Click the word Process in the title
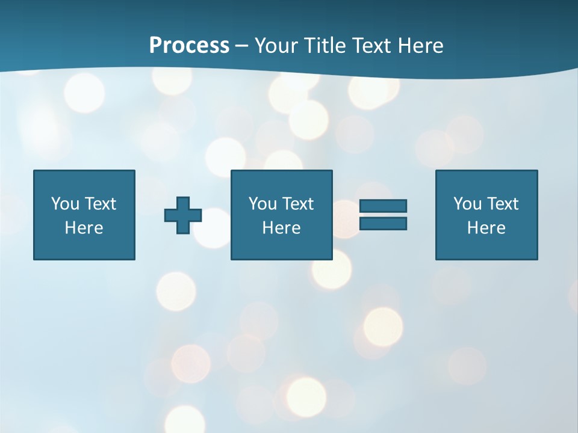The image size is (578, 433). [189, 46]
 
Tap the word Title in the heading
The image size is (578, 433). [323, 46]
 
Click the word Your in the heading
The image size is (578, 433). [275, 46]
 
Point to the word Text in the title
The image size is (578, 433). [369, 46]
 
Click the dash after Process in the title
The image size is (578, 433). [241, 46]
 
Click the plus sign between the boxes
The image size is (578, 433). [183, 215]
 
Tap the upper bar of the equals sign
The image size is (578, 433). [383, 206]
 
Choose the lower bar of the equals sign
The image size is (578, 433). [383, 223]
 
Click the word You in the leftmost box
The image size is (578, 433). [65, 204]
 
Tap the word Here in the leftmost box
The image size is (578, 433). [84, 228]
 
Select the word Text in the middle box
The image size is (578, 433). [297, 204]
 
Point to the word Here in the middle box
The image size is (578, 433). [282, 228]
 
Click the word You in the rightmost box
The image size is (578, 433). [467, 204]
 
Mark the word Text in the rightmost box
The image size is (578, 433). [502, 204]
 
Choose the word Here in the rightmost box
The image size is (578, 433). [486, 228]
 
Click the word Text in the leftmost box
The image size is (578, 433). [100, 204]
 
